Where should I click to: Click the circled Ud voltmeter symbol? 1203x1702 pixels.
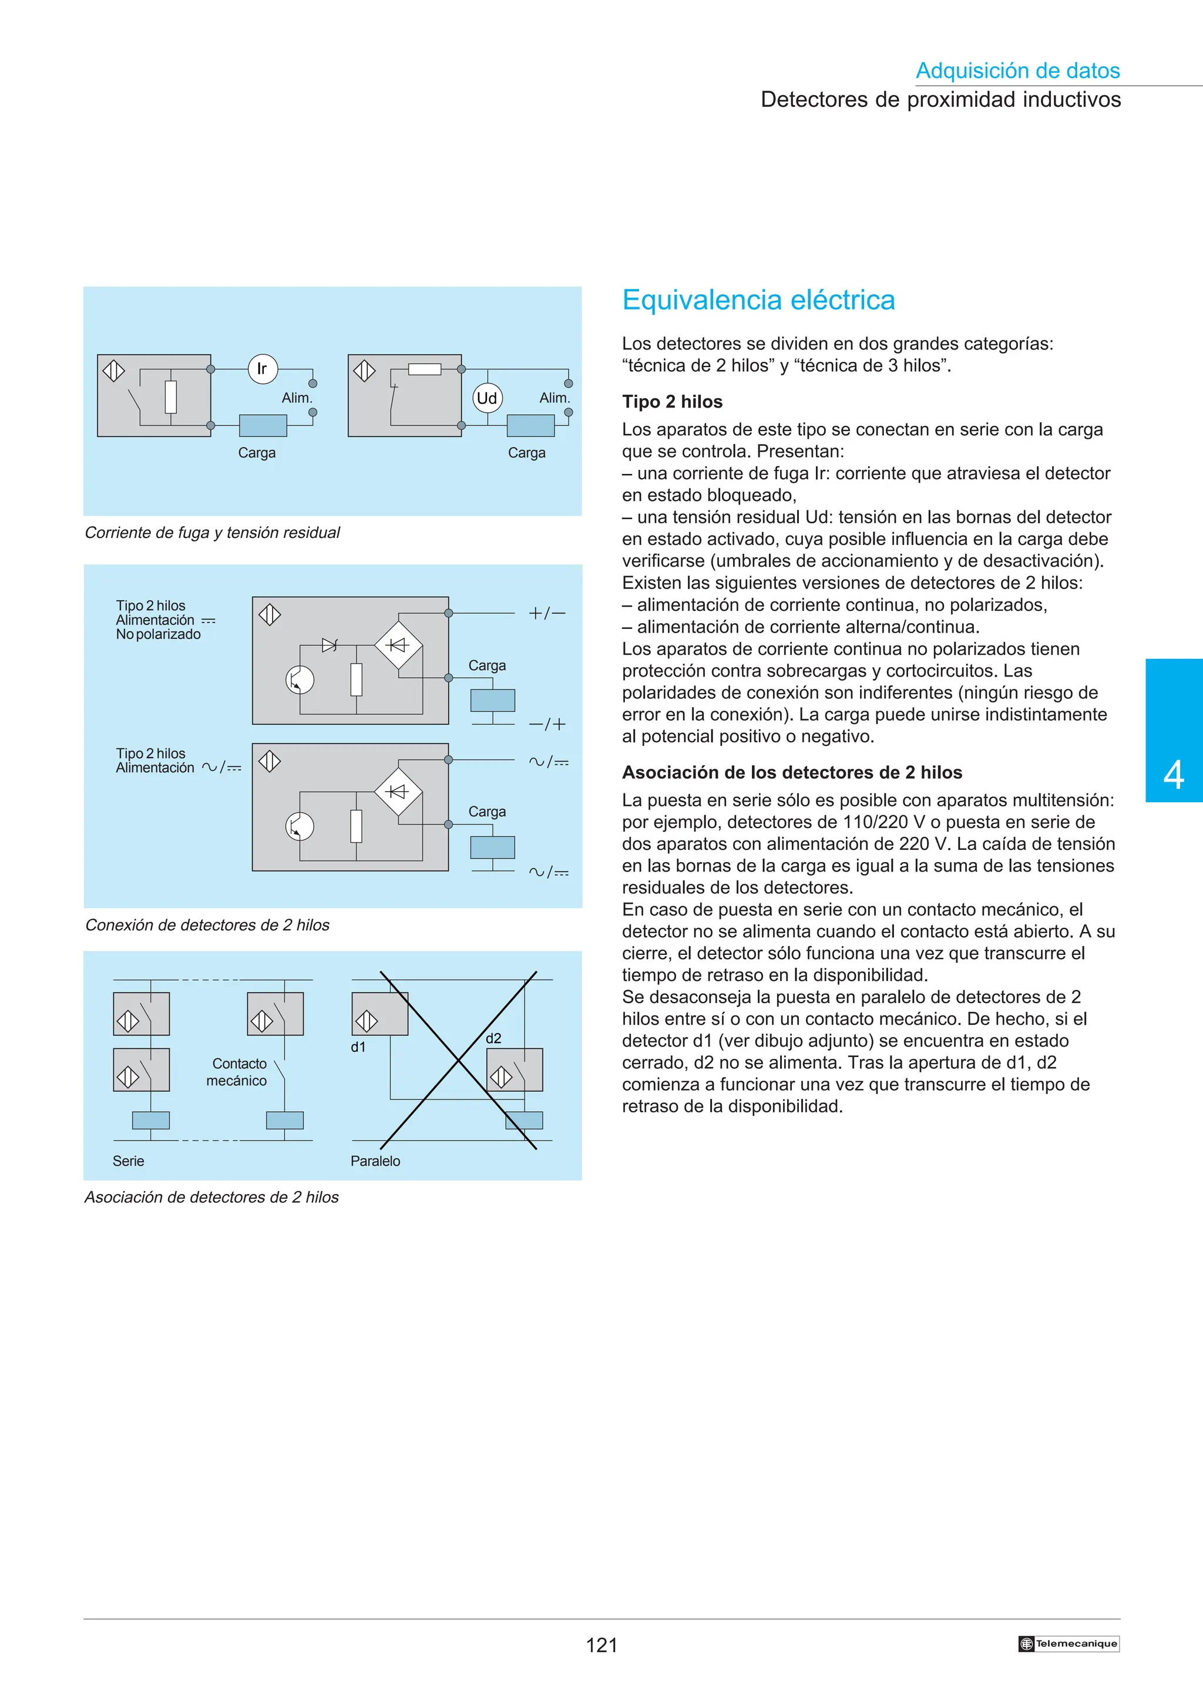pos(487,398)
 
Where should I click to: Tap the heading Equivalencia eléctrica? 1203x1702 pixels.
pos(758,300)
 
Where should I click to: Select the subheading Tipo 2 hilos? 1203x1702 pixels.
pos(673,402)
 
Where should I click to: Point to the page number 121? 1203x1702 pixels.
pos(601,1646)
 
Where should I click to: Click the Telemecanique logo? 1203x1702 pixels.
pos(1069,1643)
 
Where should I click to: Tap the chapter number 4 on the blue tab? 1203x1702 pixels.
pos(1174,775)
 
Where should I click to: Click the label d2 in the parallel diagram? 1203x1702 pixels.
pos(493,1038)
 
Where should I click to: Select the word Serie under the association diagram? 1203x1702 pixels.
pos(128,1161)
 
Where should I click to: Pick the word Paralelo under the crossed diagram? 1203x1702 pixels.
pos(375,1161)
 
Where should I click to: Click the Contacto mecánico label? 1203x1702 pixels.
pos(237,1072)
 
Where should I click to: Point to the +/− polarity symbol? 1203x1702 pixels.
pos(547,613)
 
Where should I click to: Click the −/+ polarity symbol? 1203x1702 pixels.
pos(547,724)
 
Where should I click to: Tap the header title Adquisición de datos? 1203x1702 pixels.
pos(1018,70)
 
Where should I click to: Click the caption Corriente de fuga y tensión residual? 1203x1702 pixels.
pos(212,532)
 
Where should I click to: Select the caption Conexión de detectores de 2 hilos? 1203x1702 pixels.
pos(207,925)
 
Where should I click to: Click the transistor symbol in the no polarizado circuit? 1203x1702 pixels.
pos(300,680)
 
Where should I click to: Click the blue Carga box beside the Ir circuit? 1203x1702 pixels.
pos(263,425)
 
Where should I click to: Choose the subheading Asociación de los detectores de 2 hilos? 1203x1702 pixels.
pos(792,772)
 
